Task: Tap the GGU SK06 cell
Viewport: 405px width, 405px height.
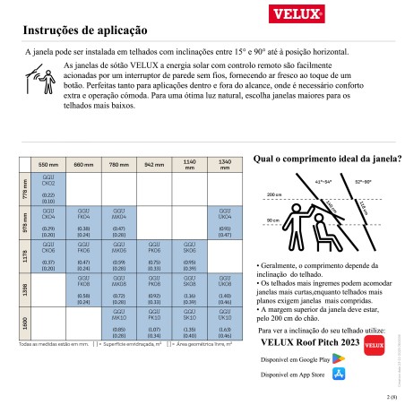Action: (190, 259)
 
